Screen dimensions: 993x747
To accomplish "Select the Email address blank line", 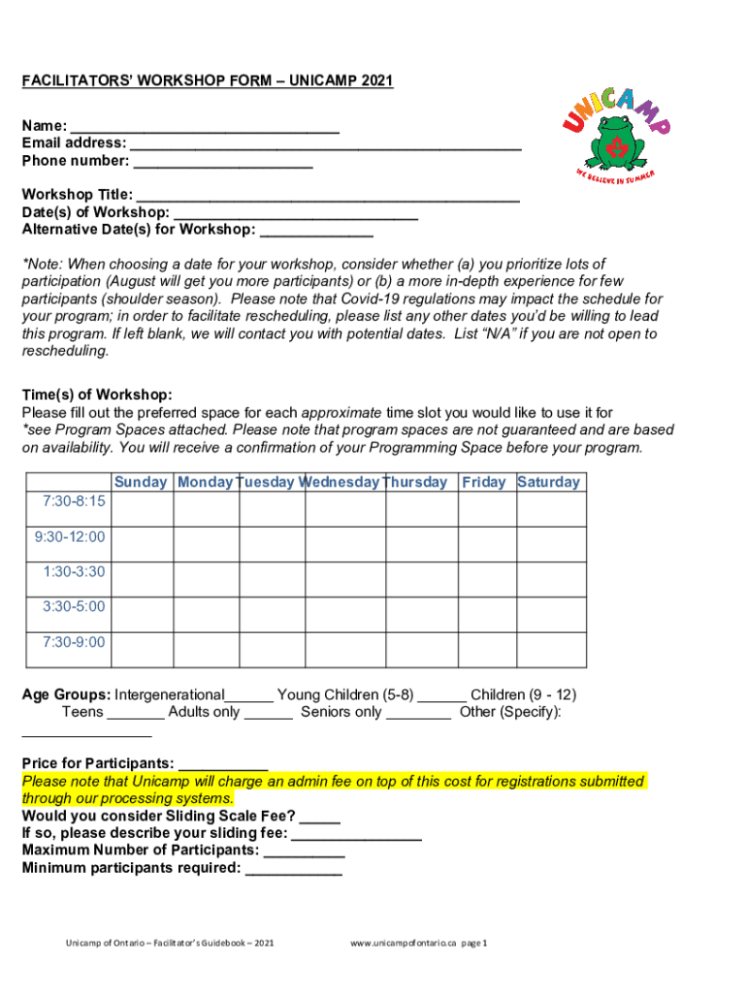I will (326, 144).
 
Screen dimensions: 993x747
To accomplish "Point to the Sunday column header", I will (141, 482).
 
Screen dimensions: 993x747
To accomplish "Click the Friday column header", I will (483, 482).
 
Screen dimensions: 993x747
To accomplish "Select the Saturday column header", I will (549, 482).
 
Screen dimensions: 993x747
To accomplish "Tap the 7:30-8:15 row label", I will (75, 501).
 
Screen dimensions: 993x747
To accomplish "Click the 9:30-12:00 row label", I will (70, 536).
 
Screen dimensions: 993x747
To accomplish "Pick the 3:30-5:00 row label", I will (74, 606).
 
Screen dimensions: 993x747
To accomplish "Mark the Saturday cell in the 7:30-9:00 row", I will (550, 649).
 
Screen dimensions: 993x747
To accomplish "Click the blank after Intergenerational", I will (249, 697).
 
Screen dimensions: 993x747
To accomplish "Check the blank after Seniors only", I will (418, 715).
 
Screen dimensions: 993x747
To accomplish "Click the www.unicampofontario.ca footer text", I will (404, 943).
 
